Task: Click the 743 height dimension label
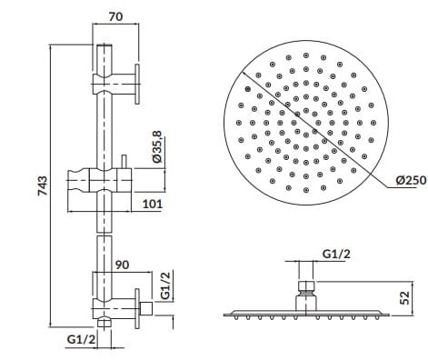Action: click(42, 185)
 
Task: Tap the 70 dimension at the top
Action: click(116, 16)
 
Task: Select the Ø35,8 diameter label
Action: click(158, 147)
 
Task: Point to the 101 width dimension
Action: click(153, 204)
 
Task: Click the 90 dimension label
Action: click(122, 265)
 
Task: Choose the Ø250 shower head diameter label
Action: click(411, 180)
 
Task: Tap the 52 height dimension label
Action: click(404, 298)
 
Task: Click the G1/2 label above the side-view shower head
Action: click(336, 254)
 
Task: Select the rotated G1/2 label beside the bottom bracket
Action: click(166, 285)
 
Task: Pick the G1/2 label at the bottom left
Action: click(81, 339)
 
